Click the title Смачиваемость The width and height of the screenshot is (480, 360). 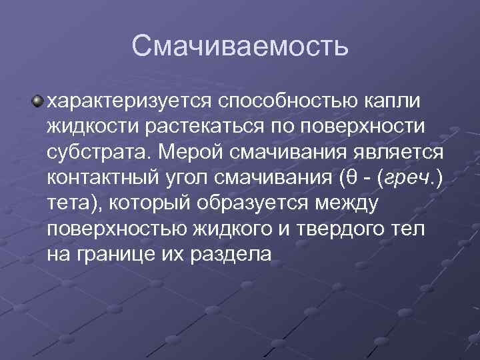coord(240,45)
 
